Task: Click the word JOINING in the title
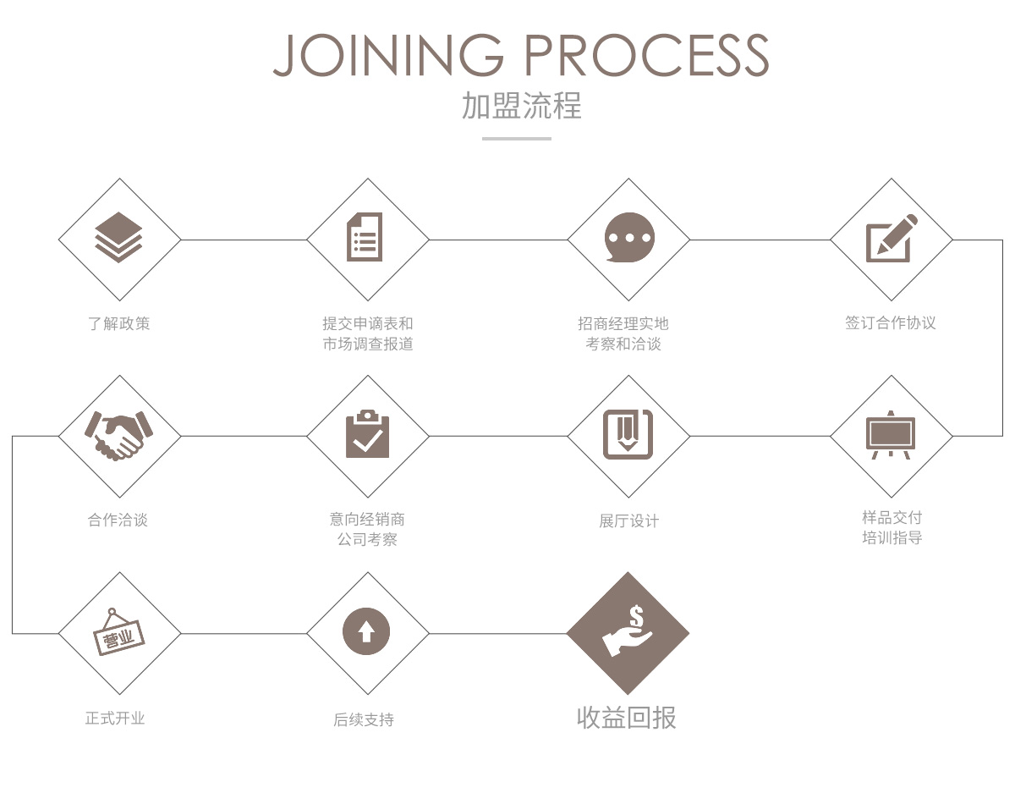point(388,55)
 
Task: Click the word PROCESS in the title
point(647,55)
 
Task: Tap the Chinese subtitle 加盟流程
point(521,105)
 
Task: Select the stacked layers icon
point(118,237)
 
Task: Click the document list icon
point(365,236)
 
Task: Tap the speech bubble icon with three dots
point(629,237)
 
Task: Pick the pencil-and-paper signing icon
point(891,238)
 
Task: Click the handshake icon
point(118,435)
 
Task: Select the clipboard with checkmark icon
point(367,434)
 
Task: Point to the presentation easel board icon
point(891,435)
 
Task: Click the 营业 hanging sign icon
point(119,632)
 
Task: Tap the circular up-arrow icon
point(366,631)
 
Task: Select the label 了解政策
point(119,323)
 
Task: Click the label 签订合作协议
point(891,322)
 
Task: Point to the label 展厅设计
point(628,520)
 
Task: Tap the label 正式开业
point(115,718)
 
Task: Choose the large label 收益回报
point(627,718)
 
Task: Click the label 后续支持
point(364,719)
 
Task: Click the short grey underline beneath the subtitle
point(517,139)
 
